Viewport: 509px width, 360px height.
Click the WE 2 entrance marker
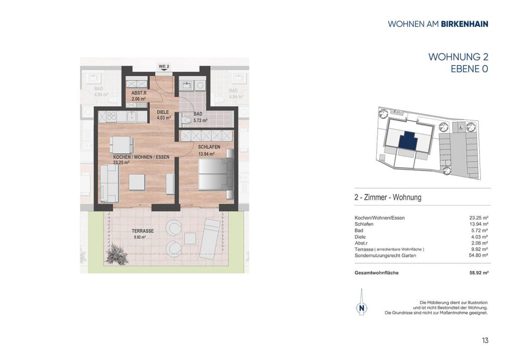click(x=164, y=67)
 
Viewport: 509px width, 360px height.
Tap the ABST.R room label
click(x=139, y=93)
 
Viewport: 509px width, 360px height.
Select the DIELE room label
click(x=163, y=112)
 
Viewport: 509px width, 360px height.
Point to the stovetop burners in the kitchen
click(x=111, y=116)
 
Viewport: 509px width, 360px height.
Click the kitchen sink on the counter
click(x=131, y=116)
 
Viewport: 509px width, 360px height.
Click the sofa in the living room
click(x=109, y=183)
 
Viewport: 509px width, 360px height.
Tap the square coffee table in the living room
click(x=137, y=182)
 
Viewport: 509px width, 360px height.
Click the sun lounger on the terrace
click(x=210, y=239)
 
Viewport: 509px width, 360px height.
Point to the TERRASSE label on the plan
click(x=143, y=231)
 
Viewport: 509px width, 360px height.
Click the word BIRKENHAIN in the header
click(x=465, y=24)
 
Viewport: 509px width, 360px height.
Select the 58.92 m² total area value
click(x=479, y=273)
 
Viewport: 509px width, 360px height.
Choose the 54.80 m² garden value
click(x=479, y=256)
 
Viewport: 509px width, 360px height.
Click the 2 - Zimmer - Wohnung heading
click(x=388, y=197)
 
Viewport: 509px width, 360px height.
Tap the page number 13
click(x=485, y=341)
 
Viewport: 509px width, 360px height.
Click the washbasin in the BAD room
click(x=187, y=86)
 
